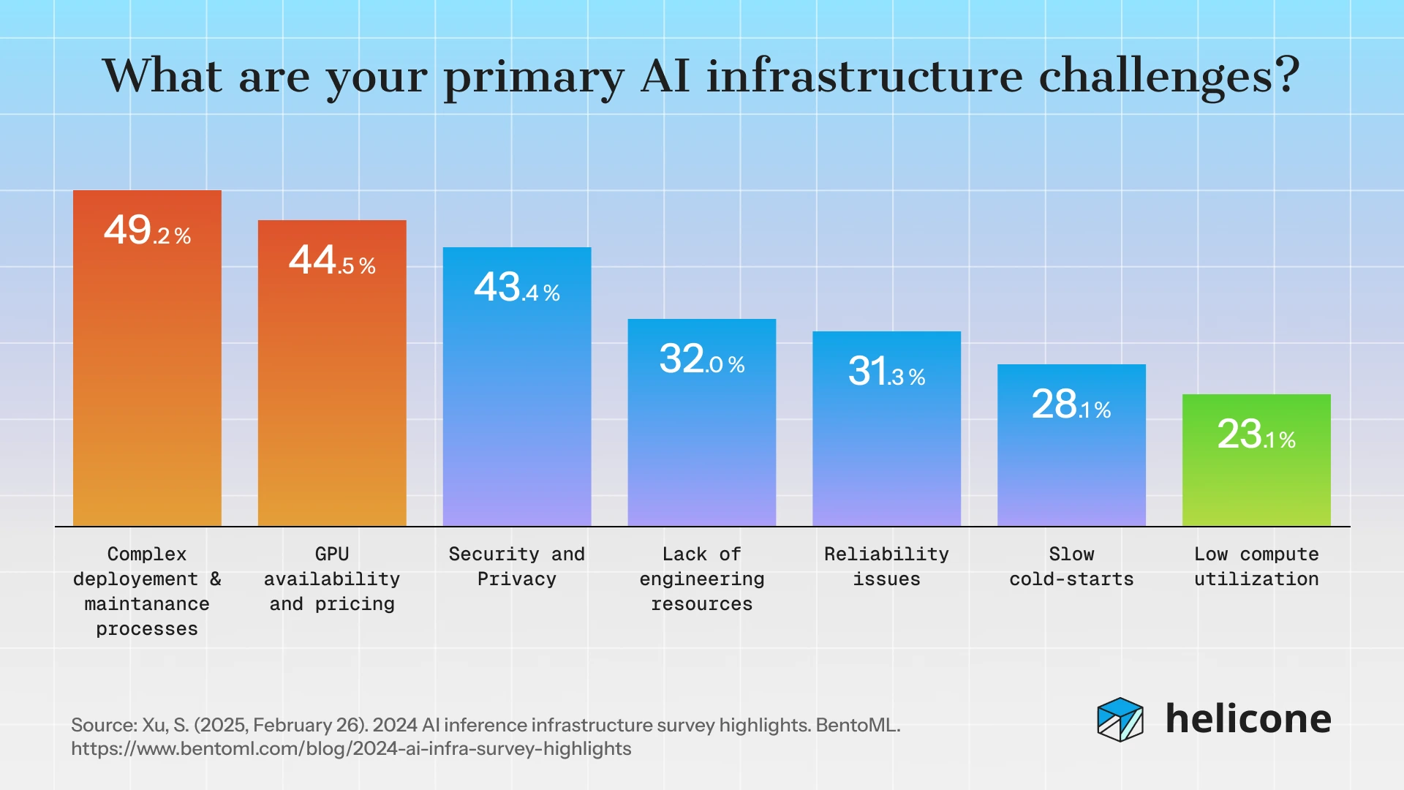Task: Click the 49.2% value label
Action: point(147,230)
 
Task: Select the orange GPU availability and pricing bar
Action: point(332,395)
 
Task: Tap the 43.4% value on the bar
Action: point(517,287)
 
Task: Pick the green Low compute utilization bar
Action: point(1256,483)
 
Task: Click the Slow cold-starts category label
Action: point(1071,567)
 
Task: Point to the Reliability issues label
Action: point(886,567)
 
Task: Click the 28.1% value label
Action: point(1071,405)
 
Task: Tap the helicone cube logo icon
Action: point(1120,720)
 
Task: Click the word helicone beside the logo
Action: point(1248,719)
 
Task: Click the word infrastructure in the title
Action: point(864,76)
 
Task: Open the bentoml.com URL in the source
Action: point(351,749)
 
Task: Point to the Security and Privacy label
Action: point(517,567)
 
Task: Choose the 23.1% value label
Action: point(1256,434)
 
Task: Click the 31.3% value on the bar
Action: point(886,372)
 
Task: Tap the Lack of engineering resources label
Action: point(701,579)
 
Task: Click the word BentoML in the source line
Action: point(857,726)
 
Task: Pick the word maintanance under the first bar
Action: point(147,604)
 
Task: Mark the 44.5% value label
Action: point(332,260)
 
